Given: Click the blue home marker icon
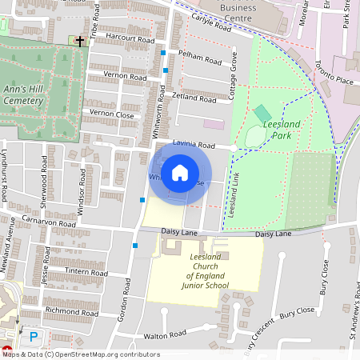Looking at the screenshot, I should [180, 173].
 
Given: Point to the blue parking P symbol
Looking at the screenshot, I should [34, 337].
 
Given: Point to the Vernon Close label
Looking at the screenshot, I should [112, 114].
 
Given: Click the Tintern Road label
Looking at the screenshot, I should [86, 272].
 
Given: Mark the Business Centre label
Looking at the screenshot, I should [238, 12].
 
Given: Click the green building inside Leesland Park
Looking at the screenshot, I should [262, 113].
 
